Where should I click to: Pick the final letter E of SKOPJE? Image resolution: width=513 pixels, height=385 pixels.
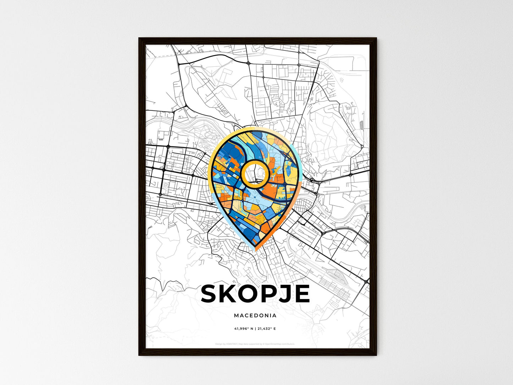[301, 294]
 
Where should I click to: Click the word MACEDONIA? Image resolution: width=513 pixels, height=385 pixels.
[255, 315]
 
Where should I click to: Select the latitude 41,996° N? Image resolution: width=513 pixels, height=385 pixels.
[243, 329]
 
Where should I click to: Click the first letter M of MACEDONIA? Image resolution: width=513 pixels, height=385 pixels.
[236, 315]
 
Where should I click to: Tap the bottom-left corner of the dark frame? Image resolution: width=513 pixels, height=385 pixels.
[139, 355]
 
